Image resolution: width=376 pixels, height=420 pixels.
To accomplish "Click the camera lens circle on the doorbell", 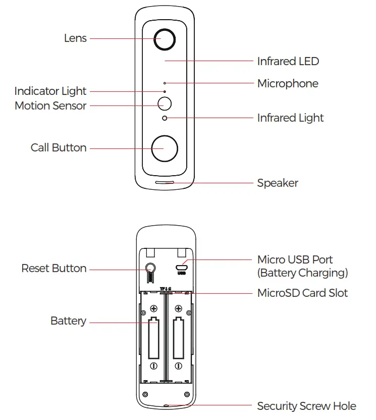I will (165, 39).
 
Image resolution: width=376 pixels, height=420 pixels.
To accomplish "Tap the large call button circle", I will (165, 148).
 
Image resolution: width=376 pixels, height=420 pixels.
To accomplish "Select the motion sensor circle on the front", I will (165, 103).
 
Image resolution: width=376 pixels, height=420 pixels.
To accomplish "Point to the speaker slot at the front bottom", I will (165, 182).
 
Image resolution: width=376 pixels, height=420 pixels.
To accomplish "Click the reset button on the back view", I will (150, 268).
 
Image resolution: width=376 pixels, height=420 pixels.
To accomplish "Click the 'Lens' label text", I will (75, 38).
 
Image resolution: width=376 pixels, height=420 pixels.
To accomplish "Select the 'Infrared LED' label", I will (288, 62).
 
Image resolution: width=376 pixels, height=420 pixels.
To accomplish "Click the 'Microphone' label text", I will (288, 84).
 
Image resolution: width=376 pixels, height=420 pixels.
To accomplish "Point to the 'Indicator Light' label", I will (50, 91).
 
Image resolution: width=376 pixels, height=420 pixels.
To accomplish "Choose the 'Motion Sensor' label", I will (50, 106).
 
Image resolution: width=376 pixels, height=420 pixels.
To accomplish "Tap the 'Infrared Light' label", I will (290, 118).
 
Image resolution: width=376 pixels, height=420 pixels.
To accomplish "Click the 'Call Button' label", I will (59, 148).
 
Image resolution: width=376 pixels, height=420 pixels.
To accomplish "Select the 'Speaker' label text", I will (278, 183).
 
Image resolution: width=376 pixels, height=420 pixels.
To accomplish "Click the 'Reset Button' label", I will (54, 269).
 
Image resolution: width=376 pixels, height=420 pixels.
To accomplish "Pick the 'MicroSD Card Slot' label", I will (302, 293).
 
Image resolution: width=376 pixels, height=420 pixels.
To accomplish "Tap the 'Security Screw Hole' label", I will (306, 406).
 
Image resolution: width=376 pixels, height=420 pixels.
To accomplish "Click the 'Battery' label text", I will (68, 321).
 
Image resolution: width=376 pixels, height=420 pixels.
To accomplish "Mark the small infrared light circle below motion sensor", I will (165, 118).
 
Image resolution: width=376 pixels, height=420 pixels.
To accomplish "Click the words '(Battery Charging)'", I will (302, 273).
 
